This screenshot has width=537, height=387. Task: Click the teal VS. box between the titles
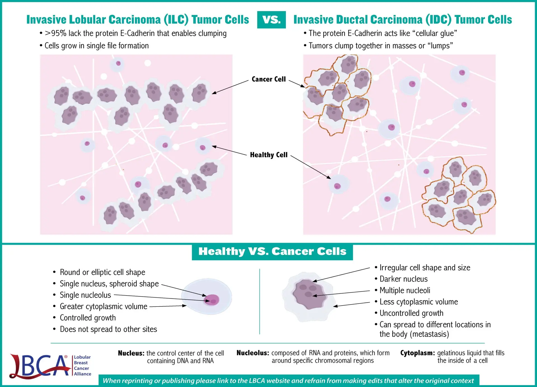[x=271, y=20]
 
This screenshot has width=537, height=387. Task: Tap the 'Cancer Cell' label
[x=268, y=79]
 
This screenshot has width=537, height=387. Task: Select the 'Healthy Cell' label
[x=268, y=155]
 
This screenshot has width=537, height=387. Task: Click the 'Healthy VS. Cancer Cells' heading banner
[x=272, y=252]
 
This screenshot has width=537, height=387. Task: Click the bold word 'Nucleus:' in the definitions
[x=131, y=353]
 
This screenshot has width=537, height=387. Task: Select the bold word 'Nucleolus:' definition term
[x=253, y=353]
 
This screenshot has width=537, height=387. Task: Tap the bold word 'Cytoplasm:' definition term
[x=418, y=353]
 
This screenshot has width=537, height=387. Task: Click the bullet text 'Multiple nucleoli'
[x=405, y=290]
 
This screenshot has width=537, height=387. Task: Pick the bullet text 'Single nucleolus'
[x=85, y=295]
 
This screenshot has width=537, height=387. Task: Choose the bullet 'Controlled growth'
[x=88, y=318]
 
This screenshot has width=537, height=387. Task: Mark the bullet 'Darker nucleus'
[x=404, y=279]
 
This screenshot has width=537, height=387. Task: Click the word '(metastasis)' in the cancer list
[x=429, y=334]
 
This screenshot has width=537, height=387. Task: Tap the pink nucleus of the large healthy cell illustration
[x=212, y=300]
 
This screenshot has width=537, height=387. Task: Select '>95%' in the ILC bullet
[x=55, y=33]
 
